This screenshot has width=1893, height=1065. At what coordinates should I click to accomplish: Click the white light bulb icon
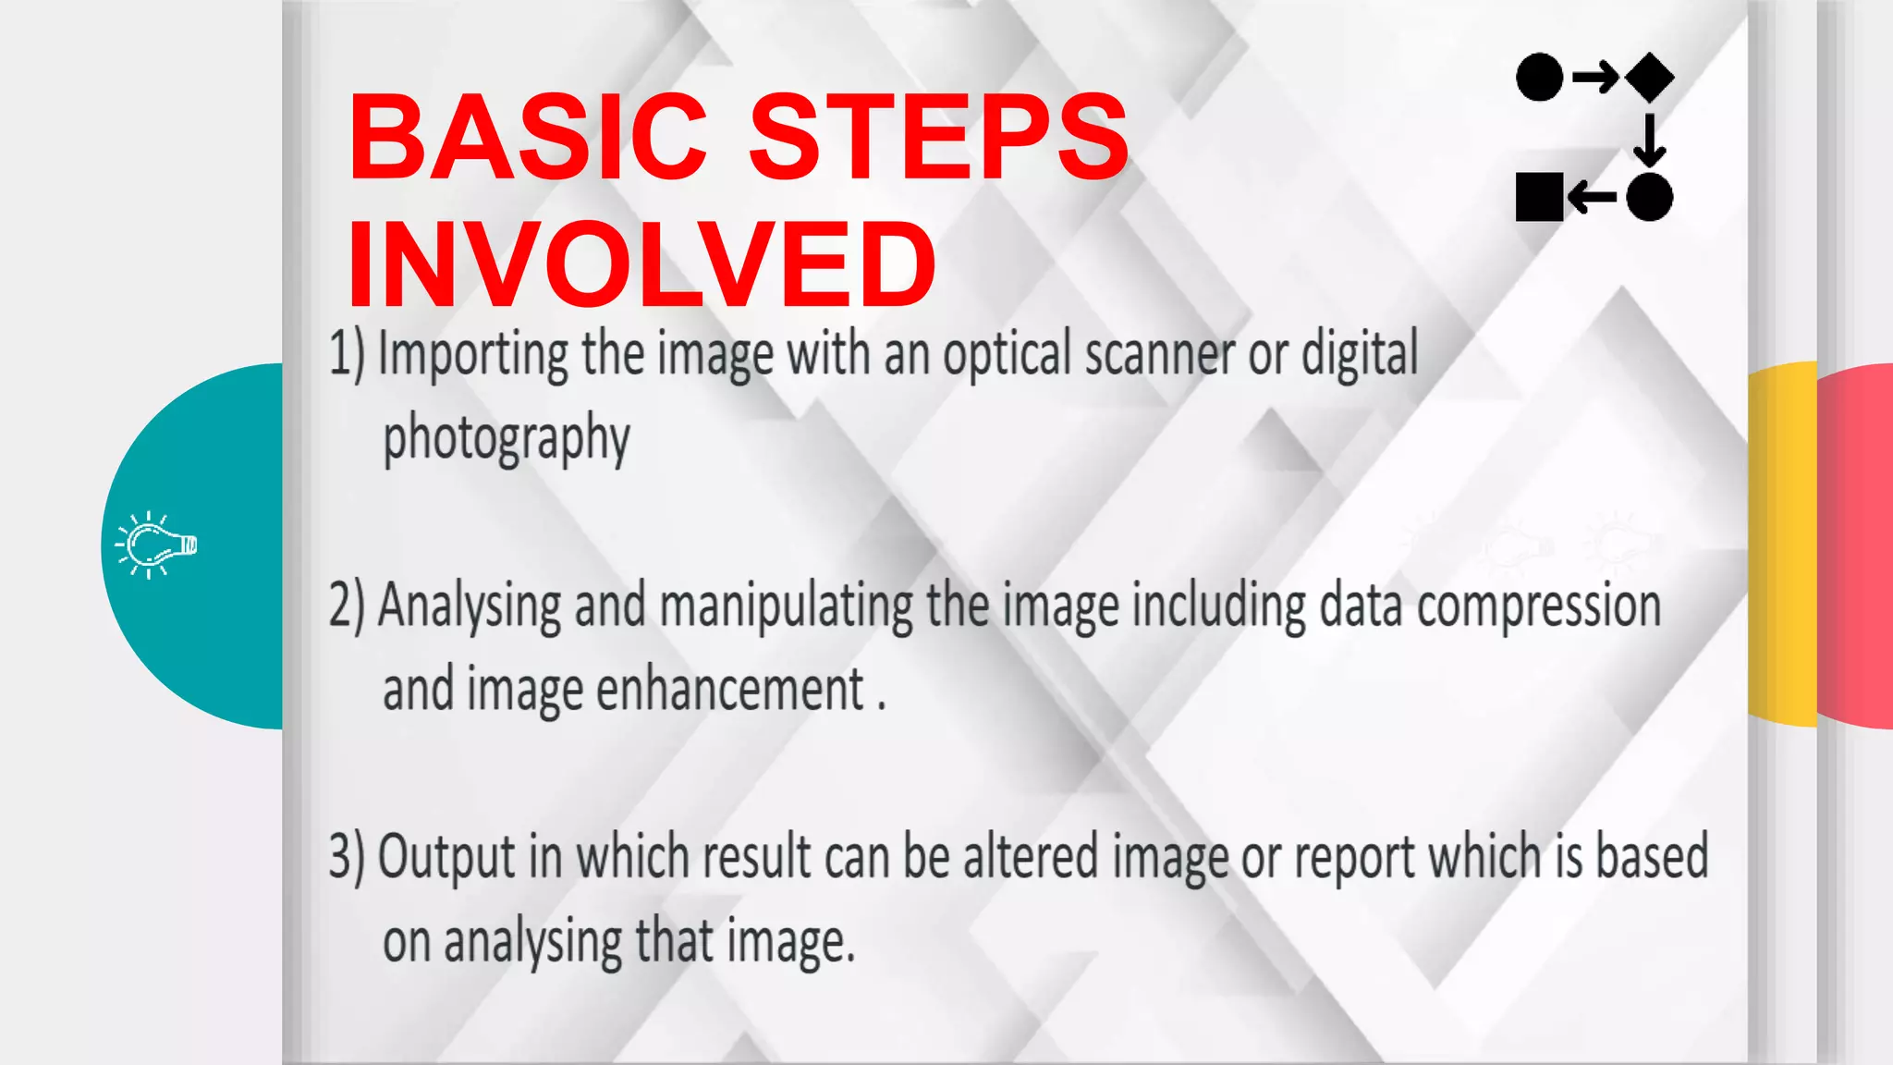coord(156,545)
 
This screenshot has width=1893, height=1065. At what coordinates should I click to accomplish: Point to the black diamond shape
coord(1650,77)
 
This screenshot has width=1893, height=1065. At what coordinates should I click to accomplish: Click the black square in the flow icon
coord(1539,196)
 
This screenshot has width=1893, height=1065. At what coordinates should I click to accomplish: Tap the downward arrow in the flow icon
coord(1649,138)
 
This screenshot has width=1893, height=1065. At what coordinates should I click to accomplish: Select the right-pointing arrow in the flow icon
coord(1594,77)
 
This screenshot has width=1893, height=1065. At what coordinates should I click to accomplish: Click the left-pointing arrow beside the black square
coord(1593,196)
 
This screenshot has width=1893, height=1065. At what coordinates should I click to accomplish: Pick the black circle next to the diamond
coord(1540,77)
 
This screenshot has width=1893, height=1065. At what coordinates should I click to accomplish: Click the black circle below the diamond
coord(1650,196)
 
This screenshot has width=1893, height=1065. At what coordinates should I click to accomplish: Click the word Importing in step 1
coord(473,356)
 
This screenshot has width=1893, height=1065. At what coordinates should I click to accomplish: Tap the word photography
coord(507,439)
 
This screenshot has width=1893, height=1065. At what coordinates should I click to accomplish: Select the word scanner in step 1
coord(1159,355)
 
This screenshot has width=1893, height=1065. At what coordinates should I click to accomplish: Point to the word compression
coord(1538,606)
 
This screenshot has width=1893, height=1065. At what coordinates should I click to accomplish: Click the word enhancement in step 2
coord(730,690)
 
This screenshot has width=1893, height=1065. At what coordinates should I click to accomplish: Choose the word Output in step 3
coord(446,858)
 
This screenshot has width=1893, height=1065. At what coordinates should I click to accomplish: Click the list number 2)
coord(348,606)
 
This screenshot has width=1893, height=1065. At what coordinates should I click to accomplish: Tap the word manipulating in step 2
coord(787,606)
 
